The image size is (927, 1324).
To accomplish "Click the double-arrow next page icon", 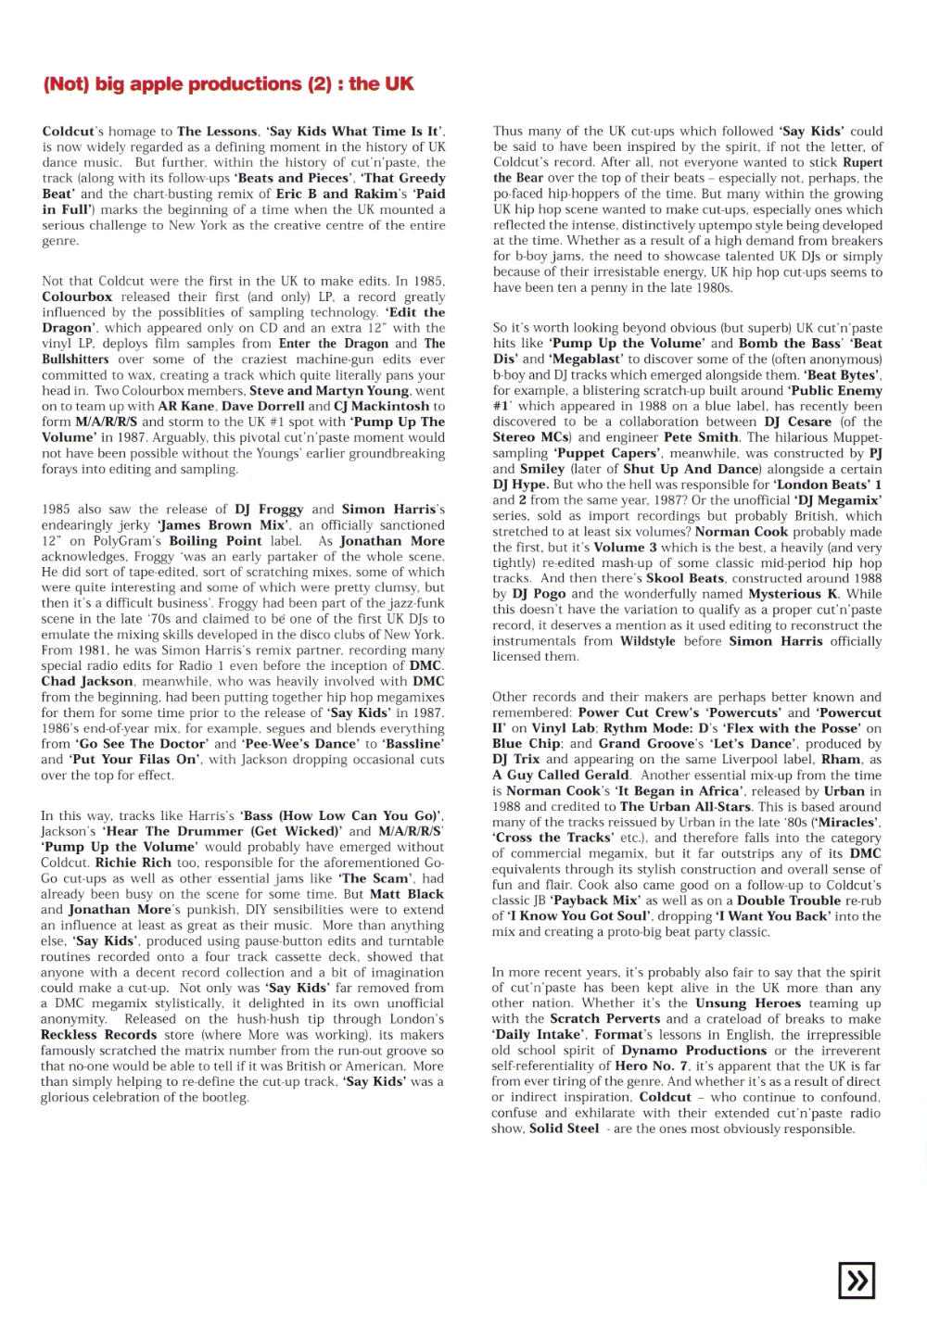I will click(857, 1280).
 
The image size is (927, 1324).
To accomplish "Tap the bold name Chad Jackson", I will click(88, 681).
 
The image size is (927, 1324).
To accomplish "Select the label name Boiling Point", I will click(216, 541).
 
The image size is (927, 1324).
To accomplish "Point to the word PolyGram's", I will click(127, 541).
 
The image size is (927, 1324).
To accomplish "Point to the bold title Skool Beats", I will click(685, 578).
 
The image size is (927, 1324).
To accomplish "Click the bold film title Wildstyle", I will click(649, 641).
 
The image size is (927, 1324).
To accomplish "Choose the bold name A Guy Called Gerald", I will click(561, 775).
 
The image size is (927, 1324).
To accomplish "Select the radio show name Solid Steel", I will click(564, 1129).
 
